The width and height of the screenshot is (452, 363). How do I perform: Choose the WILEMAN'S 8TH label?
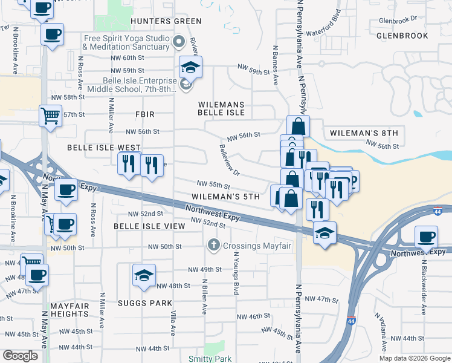(364, 133)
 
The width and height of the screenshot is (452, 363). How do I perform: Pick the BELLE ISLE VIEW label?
(149, 226)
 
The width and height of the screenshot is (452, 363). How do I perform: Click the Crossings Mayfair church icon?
(213, 246)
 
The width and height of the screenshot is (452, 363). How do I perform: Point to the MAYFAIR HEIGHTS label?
(69, 310)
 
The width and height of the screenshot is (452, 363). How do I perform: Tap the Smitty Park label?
(210, 359)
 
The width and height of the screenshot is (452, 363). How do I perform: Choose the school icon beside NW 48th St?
(144, 275)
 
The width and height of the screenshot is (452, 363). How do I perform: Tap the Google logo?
(21, 356)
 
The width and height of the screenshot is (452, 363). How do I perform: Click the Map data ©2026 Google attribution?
(414, 358)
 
